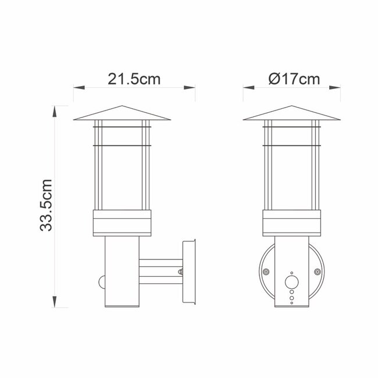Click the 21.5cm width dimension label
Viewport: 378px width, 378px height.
click(x=133, y=80)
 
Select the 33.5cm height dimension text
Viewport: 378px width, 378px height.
click(x=47, y=205)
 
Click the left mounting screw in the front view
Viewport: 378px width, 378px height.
click(x=266, y=272)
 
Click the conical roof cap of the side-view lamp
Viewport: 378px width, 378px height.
click(x=122, y=113)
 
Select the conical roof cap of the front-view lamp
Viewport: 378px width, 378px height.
click(x=291, y=113)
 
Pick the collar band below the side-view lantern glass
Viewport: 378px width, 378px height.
click(x=122, y=222)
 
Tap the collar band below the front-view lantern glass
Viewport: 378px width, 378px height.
click(x=291, y=222)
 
